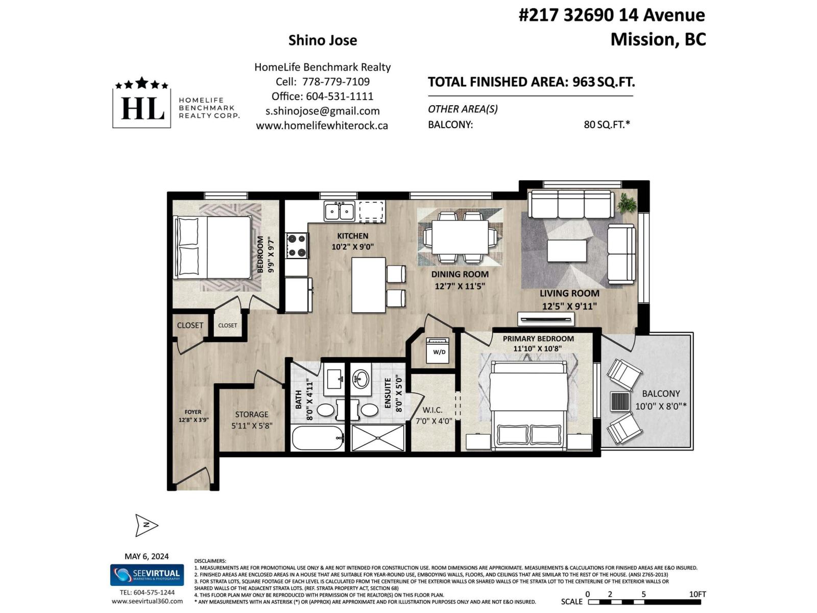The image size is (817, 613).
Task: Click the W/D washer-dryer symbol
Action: [439, 350]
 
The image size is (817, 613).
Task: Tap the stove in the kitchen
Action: [297, 245]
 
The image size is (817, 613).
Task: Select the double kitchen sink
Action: [339, 210]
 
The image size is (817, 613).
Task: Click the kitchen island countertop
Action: [368, 285]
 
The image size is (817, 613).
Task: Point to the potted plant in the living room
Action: [626, 203]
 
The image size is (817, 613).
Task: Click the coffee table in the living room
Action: [567, 251]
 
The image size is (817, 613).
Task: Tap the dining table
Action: [460, 237]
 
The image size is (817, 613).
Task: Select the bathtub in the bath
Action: [318, 438]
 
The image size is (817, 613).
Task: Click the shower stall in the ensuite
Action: [378, 438]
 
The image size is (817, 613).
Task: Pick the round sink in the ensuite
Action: [362, 379]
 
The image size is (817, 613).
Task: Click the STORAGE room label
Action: [251, 414]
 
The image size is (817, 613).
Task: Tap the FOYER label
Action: [193, 412]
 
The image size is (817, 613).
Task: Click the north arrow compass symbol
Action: [146, 525]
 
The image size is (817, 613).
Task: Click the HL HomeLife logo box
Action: [142, 106]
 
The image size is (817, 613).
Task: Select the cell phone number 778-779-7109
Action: [336, 82]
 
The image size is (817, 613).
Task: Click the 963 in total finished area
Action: [583, 82]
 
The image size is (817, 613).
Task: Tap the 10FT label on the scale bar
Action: [697, 594]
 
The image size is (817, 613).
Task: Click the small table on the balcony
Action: [619, 401]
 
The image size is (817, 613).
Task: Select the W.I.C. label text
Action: [432, 410]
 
